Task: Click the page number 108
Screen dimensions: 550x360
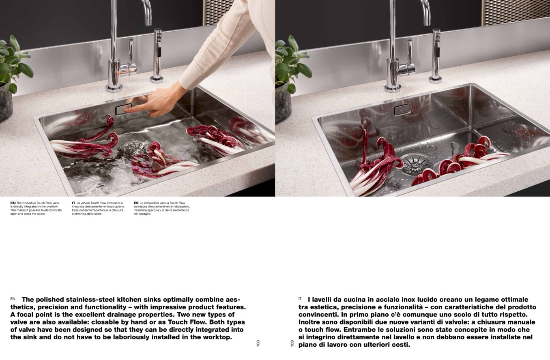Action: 258,343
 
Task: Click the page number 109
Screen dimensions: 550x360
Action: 292,343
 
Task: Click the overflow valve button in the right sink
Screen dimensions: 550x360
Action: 402,109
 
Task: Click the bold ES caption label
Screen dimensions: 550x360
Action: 136,203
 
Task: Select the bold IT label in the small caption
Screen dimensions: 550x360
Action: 74,203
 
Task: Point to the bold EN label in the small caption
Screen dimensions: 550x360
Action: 13,203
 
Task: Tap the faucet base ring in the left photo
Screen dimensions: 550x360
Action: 114,88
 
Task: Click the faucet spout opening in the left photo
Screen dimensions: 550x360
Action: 148,24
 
